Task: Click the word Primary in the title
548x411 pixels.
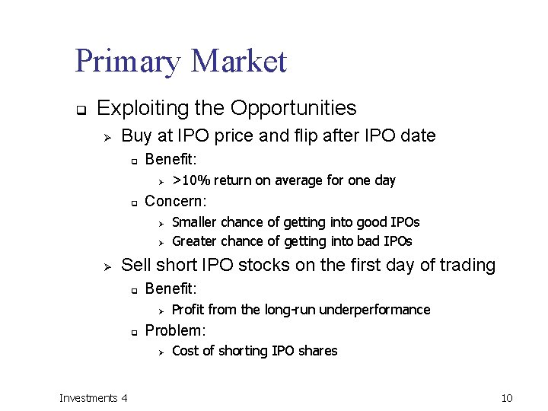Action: pyautogui.click(x=129, y=62)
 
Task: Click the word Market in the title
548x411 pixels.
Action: pyautogui.click(x=240, y=61)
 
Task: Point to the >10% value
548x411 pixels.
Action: pyautogui.click(x=192, y=180)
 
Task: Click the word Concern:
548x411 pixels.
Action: pyautogui.click(x=175, y=201)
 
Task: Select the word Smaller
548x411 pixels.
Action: pyautogui.click(x=196, y=222)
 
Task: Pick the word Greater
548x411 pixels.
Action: pyautogui.click(x=196, y=241)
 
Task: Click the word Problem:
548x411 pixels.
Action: pyautogui.click(x=176, y=330)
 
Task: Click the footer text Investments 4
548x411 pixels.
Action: pyautogui.click(x=94, y=397)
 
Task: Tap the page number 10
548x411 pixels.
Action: pyautogui.click(x=508, y=397)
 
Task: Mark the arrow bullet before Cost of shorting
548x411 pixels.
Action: pyautogui.click(x=161, y=352)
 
